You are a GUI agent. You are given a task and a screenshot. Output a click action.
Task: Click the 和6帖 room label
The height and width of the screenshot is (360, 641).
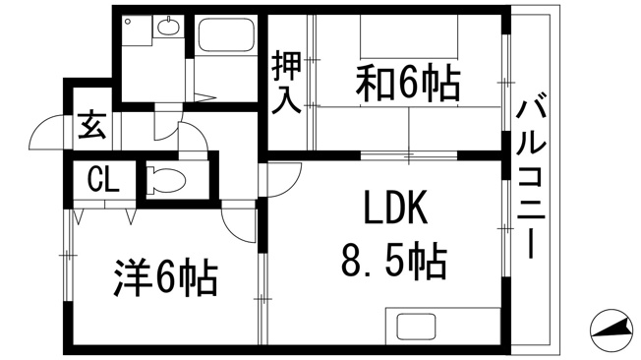point(408,84)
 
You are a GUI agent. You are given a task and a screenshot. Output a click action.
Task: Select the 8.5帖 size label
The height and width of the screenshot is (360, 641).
point(394,261)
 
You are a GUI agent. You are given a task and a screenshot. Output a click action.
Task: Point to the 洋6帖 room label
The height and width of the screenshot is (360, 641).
point(165,277)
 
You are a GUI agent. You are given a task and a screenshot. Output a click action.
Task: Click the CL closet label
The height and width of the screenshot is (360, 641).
point(104,180)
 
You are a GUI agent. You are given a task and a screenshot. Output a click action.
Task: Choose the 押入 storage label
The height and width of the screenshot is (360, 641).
point(287,83)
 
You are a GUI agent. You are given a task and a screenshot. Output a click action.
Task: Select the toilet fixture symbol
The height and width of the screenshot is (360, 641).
point(165,179)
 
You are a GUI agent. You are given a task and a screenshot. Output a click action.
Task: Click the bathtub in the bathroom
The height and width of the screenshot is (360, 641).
point(225,34)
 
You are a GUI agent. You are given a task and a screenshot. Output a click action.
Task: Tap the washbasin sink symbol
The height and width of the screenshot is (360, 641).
point(168,27)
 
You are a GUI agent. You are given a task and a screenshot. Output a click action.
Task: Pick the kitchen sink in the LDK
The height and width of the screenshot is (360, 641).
point(417,326)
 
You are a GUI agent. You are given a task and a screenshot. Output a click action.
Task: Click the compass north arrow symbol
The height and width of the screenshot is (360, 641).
point(612,330)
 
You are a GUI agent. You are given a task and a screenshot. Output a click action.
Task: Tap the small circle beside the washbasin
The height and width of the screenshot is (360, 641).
point(129,21)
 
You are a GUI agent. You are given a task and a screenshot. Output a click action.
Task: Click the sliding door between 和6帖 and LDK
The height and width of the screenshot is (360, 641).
point(409,155)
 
